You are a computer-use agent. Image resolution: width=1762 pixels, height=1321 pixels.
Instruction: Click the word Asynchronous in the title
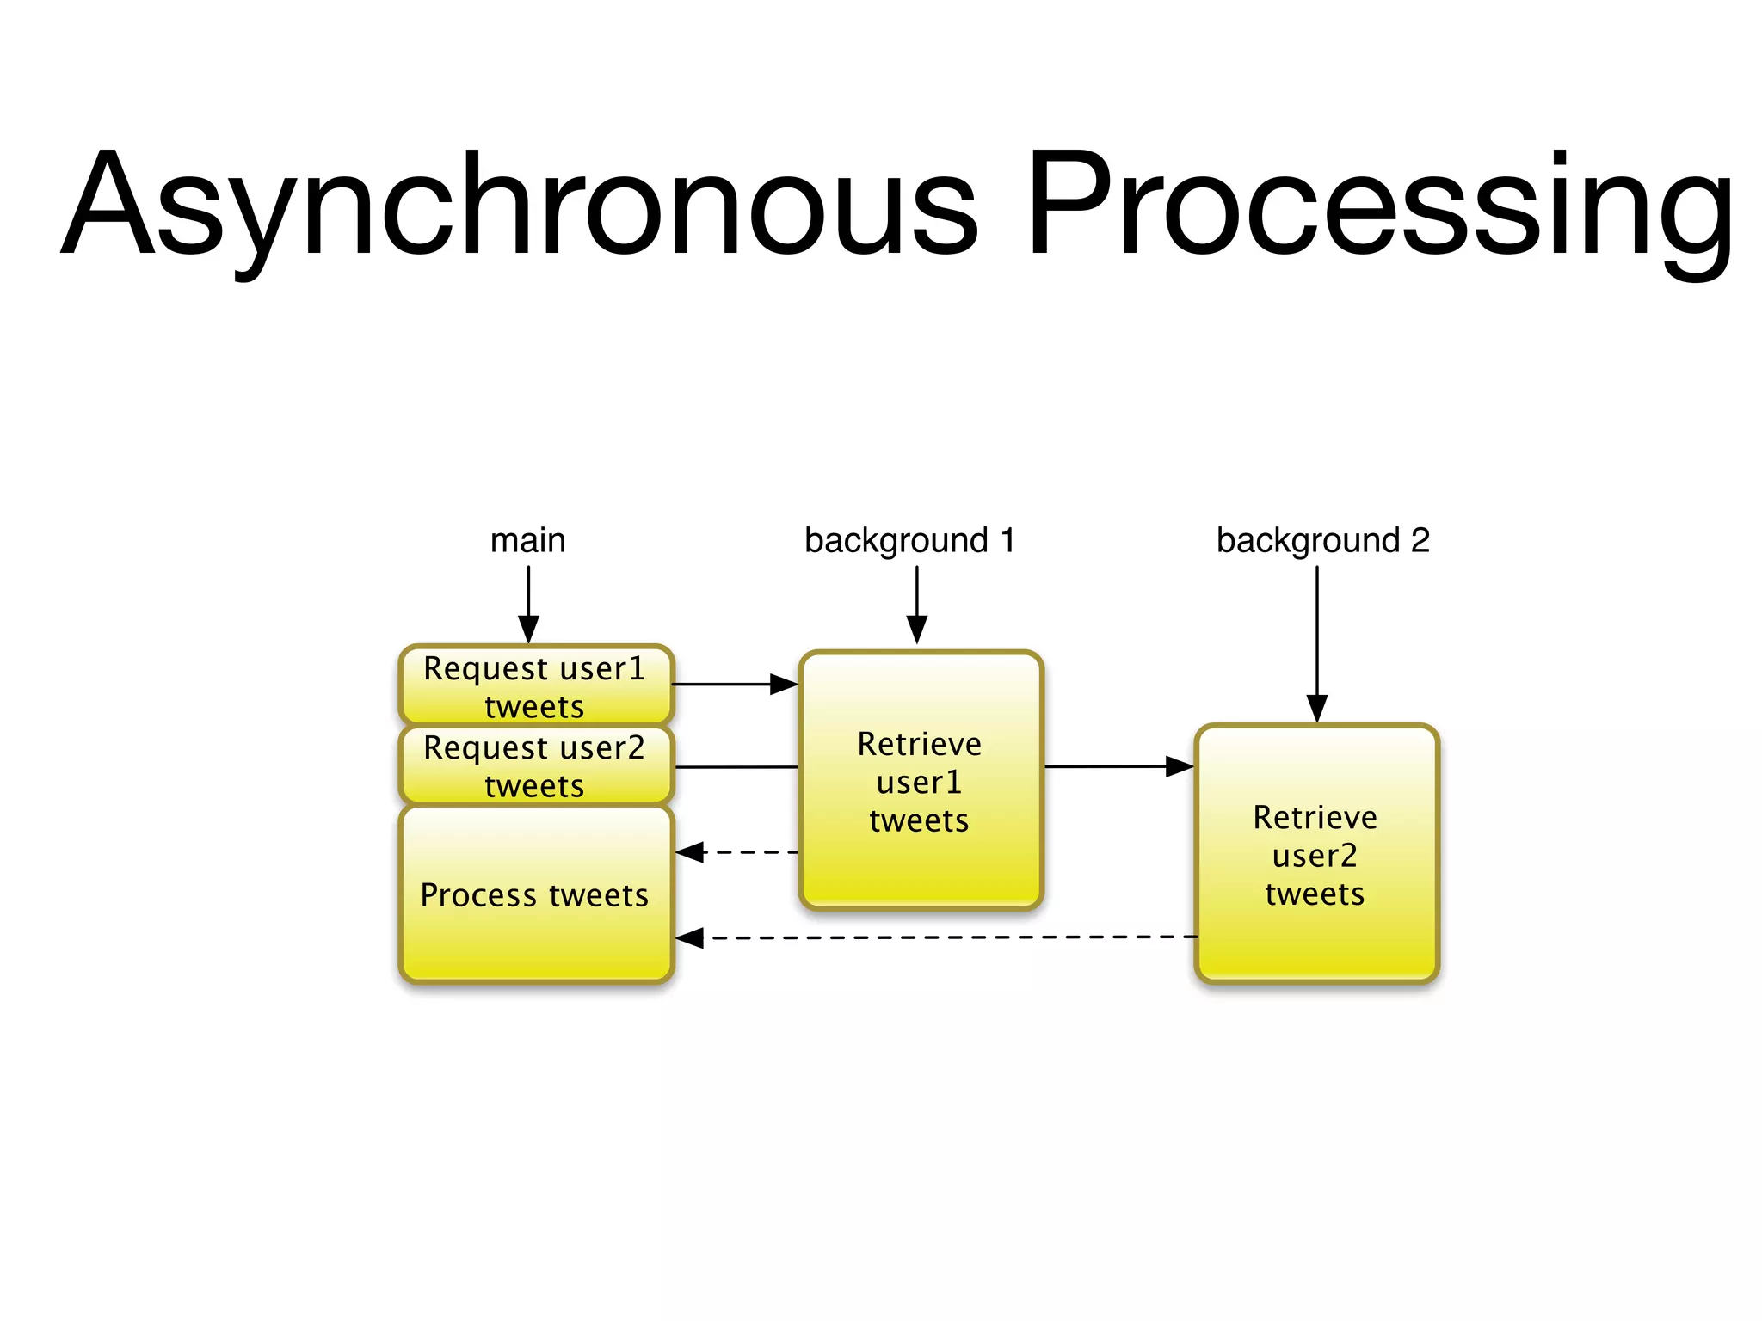point(521,206)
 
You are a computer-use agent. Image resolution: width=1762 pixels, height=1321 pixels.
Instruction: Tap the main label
point(527,541)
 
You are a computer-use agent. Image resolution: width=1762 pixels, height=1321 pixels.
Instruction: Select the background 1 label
point(909,541)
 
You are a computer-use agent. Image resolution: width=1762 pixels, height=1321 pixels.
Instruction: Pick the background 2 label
point(1322,541)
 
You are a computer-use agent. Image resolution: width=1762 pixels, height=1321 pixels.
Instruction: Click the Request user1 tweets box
point(535,686)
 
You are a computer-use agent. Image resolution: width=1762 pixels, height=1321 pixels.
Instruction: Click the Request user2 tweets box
point(535,765)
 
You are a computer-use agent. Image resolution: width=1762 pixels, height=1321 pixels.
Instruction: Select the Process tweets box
point(535,894)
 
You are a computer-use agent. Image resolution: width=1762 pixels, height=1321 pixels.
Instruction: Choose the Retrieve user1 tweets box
point(920,781)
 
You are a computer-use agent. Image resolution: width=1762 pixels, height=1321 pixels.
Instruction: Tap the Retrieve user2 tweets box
point(1315,855)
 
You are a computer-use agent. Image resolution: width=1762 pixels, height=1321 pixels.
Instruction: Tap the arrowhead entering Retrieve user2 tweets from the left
point(1180,766)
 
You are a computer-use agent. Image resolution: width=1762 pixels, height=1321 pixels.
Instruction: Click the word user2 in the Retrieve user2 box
point(1315,856)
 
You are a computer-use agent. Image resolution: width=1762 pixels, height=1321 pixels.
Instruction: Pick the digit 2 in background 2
point(1420,541)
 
